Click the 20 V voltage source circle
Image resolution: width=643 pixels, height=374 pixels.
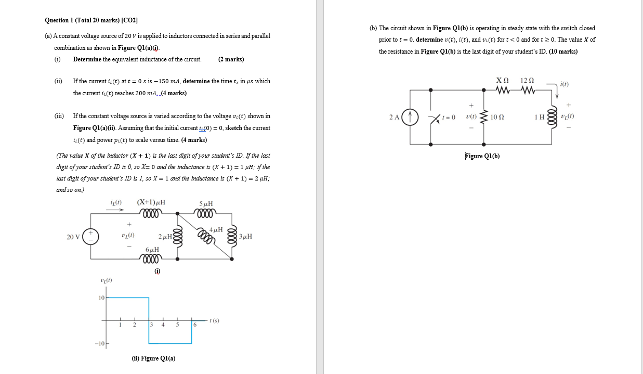[91, 237]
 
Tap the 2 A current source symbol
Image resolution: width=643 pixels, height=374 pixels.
[410, 117]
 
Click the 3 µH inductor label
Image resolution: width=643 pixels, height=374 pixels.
[246, 237]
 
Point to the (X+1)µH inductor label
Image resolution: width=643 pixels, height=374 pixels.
[151, 202]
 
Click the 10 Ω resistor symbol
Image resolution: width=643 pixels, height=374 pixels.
[484, 117]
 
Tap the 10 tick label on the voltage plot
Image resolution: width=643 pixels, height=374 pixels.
[101, 298]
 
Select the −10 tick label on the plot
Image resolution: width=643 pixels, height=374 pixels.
[100, 344]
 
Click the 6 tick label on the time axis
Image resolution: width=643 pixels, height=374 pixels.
[195, 325]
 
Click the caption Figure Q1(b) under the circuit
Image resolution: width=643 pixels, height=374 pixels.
[482, 156]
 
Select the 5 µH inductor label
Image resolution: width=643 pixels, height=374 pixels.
[206, 204]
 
